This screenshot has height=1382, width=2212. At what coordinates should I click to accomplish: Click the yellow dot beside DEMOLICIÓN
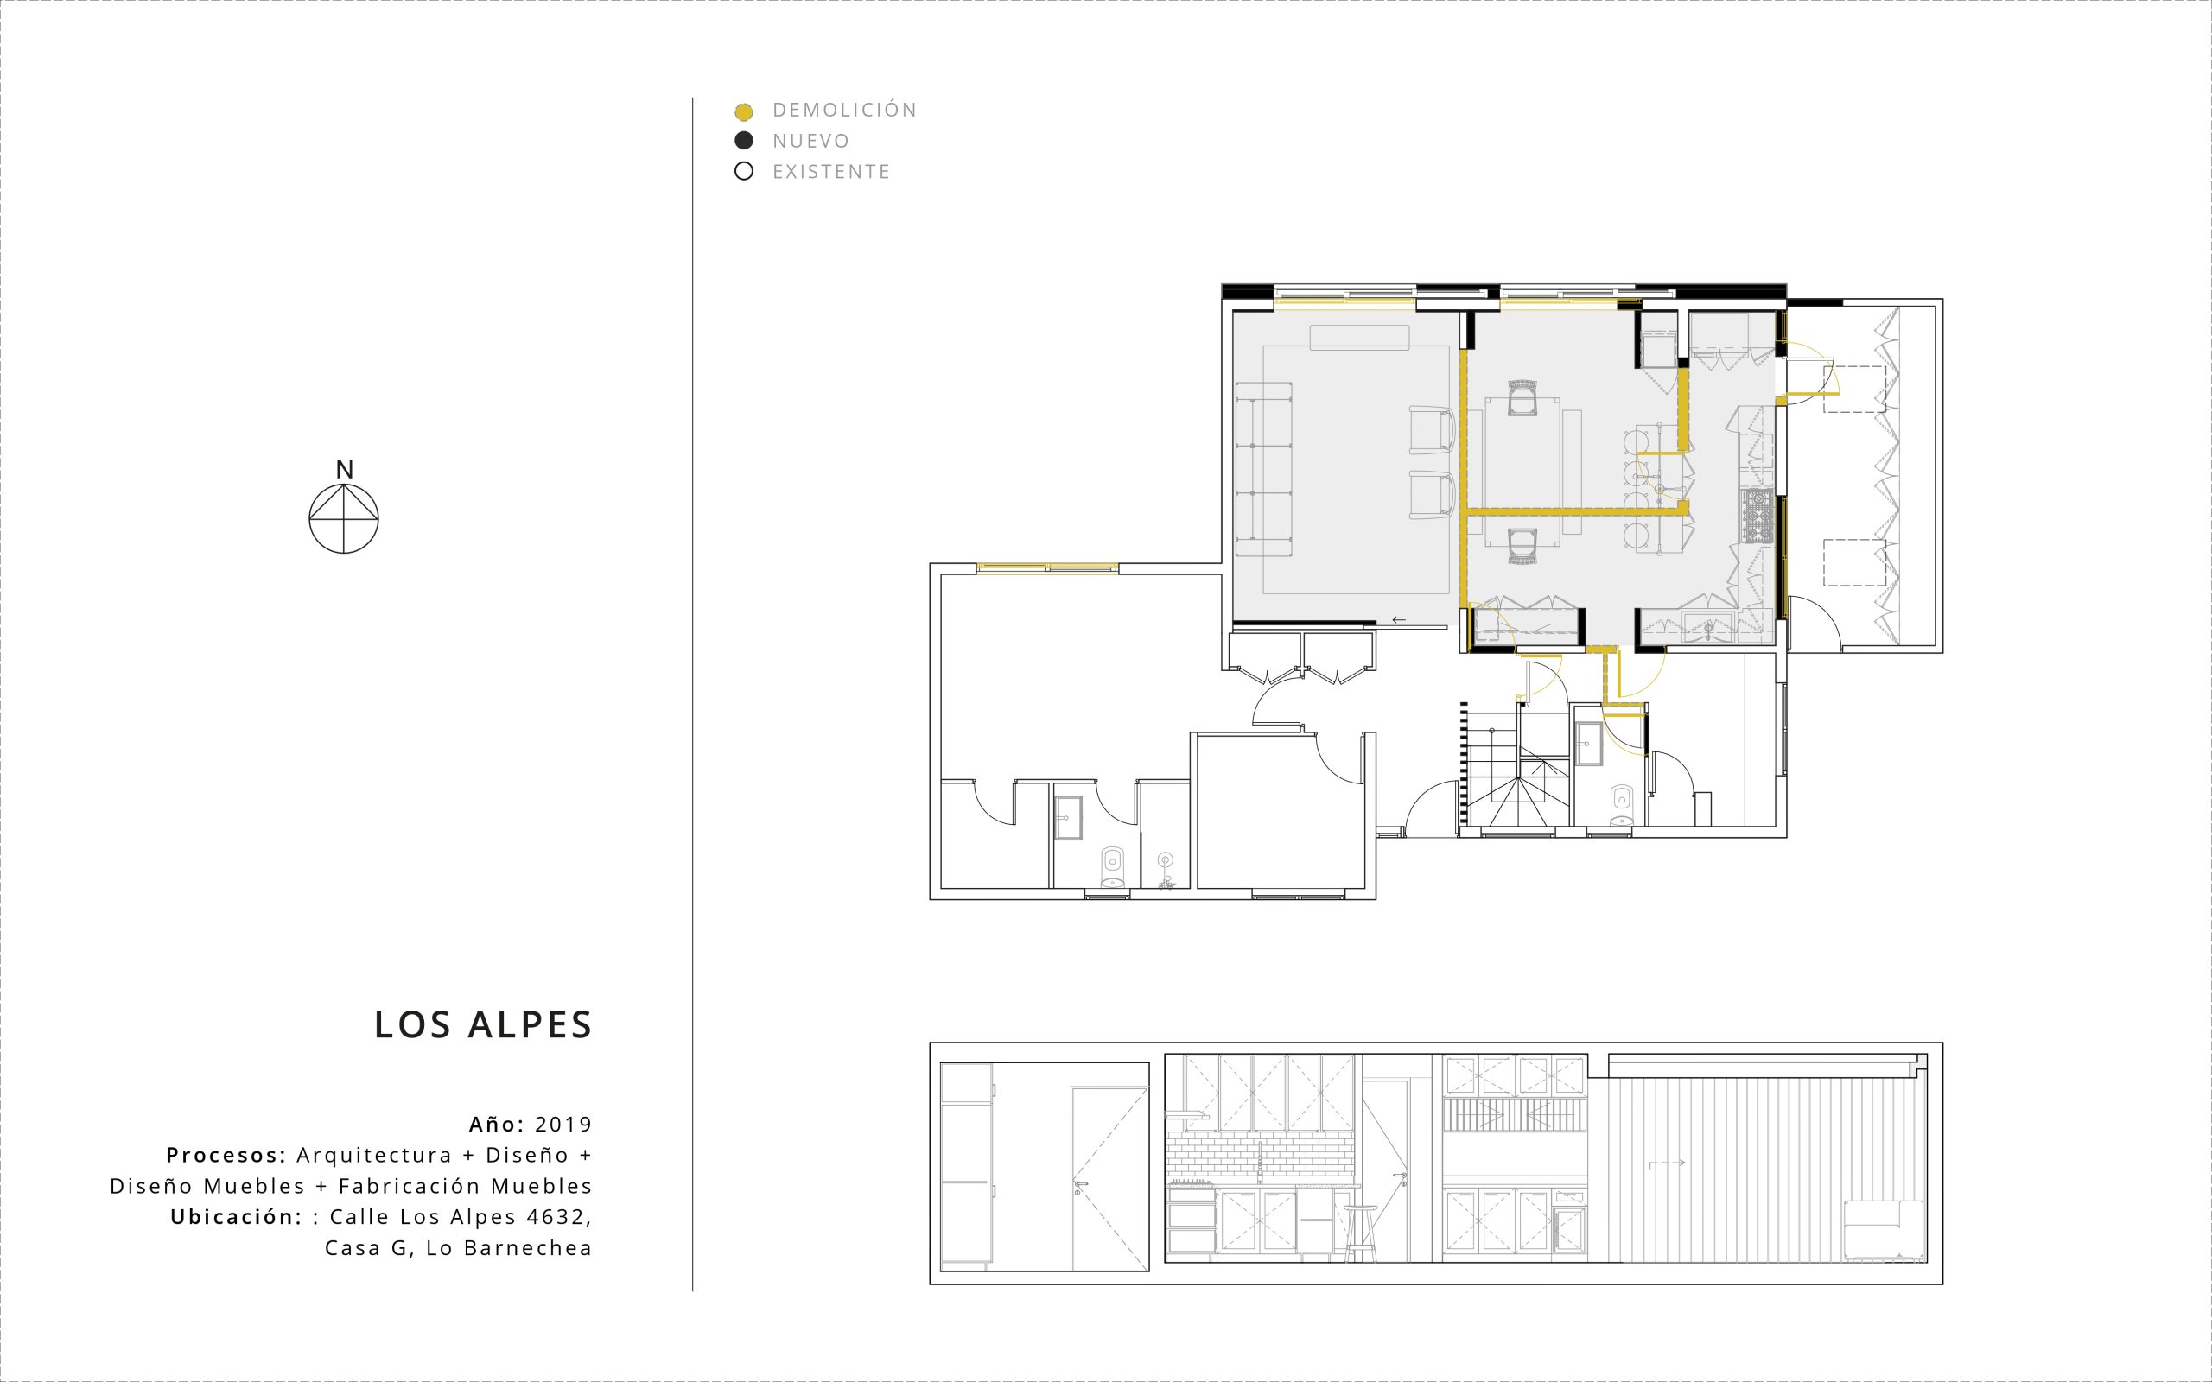click(x=744, y=112)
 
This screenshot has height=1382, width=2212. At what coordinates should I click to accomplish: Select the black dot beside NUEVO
click(x=744, y=141)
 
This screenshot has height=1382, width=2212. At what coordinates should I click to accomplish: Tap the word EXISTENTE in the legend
click(x=831, y=172)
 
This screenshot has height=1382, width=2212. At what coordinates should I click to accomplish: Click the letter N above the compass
click(x=344, y=470)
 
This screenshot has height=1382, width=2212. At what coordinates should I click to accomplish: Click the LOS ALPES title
click(x=484, y=1025)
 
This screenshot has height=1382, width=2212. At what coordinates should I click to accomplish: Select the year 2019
click(x=564, y=1125)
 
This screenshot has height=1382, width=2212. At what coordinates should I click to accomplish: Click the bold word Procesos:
click(x=226, y=1156)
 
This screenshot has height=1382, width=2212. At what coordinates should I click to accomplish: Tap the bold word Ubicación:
click(x=236, y=1218)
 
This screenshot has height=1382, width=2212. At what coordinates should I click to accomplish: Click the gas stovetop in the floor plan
click(x=1758, y=517)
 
